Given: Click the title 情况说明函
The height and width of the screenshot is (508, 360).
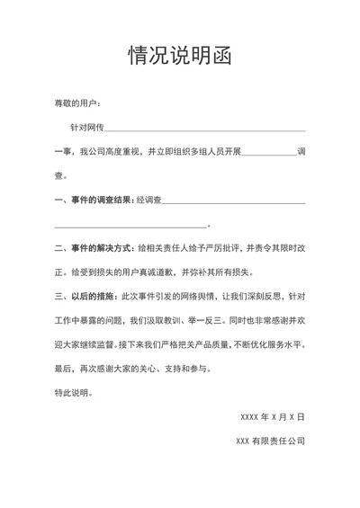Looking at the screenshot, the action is (x=180, y=56).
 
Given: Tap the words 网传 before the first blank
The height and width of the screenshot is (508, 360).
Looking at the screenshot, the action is (x=94, y=129).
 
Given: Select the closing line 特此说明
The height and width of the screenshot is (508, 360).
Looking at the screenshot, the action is (x=72, y=392).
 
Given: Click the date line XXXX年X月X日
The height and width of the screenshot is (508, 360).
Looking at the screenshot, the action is (x=273, y=417).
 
